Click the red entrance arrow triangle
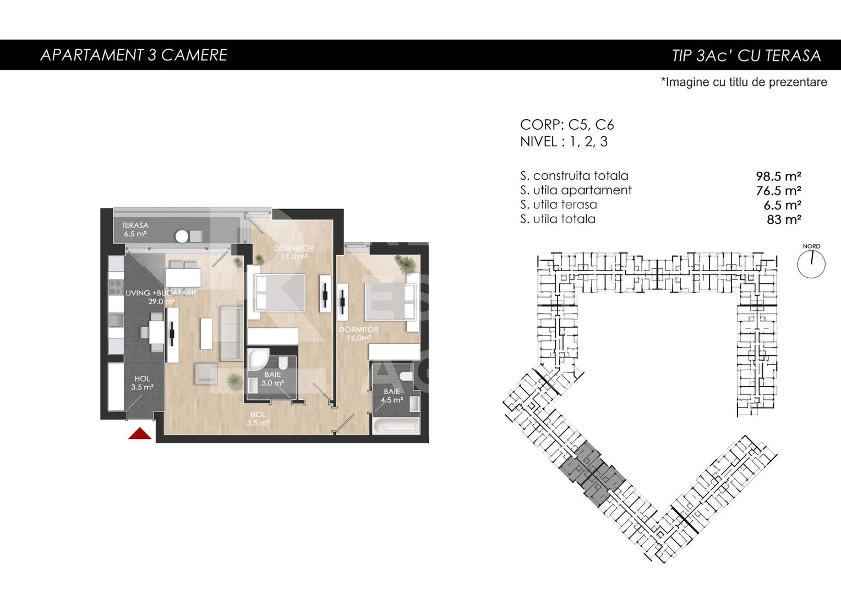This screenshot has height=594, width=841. coord(140,434)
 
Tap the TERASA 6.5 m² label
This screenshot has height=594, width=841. coord(135,229)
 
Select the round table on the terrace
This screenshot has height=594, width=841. coord(182,237)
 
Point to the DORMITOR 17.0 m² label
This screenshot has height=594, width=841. coord(294,252)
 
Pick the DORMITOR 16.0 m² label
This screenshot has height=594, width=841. coord(358,334)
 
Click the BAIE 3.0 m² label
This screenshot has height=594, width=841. coord(272,379)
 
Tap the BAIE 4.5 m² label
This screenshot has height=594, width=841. coord(392,395)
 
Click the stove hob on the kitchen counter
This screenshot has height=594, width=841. coord(116,287)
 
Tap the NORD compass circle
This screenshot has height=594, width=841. coord(811,264)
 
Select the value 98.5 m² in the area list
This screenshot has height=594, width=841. coord(778,177)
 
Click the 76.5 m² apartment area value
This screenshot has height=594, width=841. coord(778,191)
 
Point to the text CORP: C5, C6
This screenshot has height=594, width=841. coord(567,125)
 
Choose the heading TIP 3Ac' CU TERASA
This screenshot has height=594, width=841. coord(746,56)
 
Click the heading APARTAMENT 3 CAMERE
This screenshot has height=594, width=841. coord(134,55)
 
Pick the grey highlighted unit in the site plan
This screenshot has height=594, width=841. coord(592,473)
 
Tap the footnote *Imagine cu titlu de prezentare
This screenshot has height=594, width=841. coord(744,82)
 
